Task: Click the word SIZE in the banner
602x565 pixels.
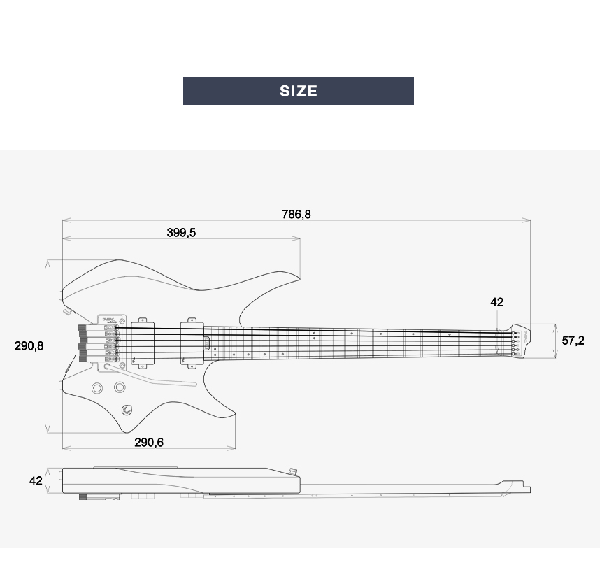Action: tap(299, 91)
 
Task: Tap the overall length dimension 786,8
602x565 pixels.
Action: tap(296, 214)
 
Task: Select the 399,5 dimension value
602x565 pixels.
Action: tap(181, 232)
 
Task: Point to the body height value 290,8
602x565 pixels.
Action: tap(29, 346)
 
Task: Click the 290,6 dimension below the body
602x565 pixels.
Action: tap(149, 443)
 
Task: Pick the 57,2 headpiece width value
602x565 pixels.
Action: tap(573, 341)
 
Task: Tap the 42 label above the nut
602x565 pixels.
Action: tap(496, 302)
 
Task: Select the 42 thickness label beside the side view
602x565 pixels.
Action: tap(36, 481)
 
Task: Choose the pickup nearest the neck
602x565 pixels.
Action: tap(191, 342)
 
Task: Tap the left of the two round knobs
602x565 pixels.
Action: tap(96, 387)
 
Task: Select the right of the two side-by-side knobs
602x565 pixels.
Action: tap(120, 387)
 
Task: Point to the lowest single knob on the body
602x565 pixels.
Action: tap(127, 410)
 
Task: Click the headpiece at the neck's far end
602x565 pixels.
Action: tap(521, 340)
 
